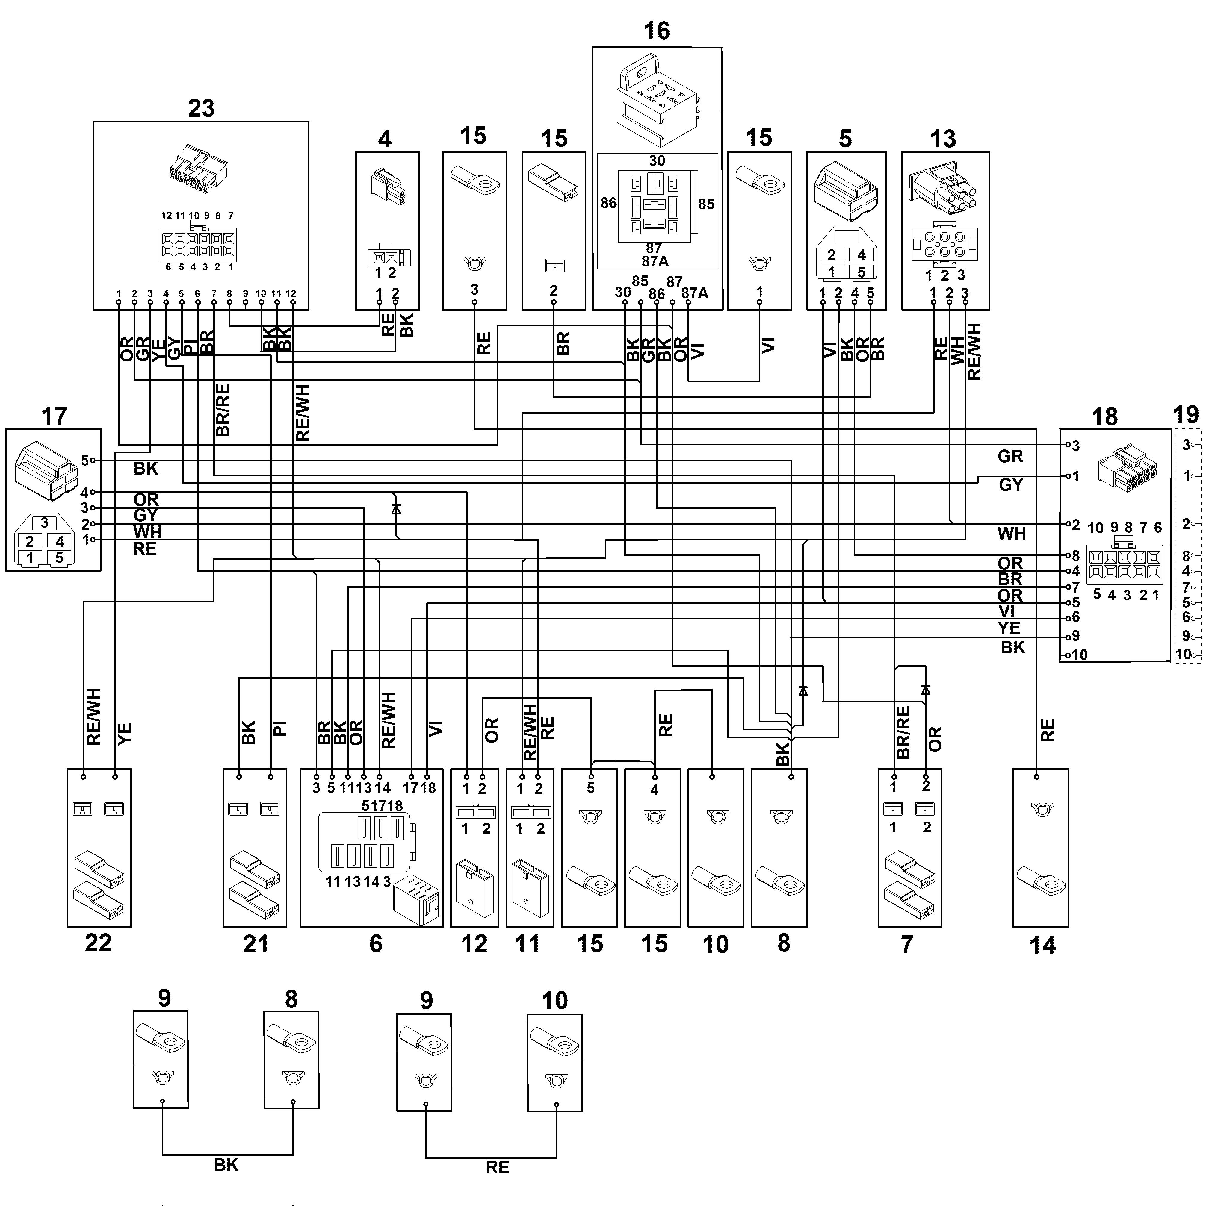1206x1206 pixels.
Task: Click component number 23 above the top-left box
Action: [x=201, y=108]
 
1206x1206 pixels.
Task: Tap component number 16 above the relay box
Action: [x=656, y=31]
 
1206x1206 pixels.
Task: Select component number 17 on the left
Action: [x=54, y=416]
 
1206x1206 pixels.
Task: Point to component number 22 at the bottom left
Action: [x=98, y=943]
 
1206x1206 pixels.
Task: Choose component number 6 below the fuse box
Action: [x=375, y=943]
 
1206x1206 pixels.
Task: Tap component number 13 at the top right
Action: [x=942, y=139]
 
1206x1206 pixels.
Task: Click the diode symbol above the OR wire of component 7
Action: [x=926, y=690]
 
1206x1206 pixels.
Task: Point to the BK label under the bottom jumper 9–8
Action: [x=226, y=1165]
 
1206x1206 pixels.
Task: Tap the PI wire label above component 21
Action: [x=279, y=728]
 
